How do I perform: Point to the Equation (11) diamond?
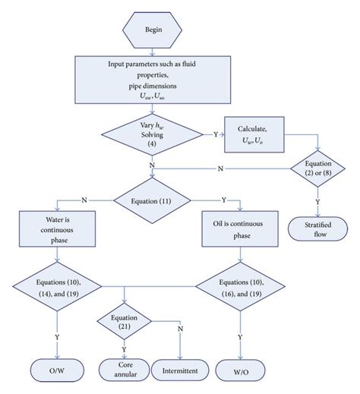point(155,200)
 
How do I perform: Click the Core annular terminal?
point(125,370)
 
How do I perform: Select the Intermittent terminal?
point(181,371)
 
